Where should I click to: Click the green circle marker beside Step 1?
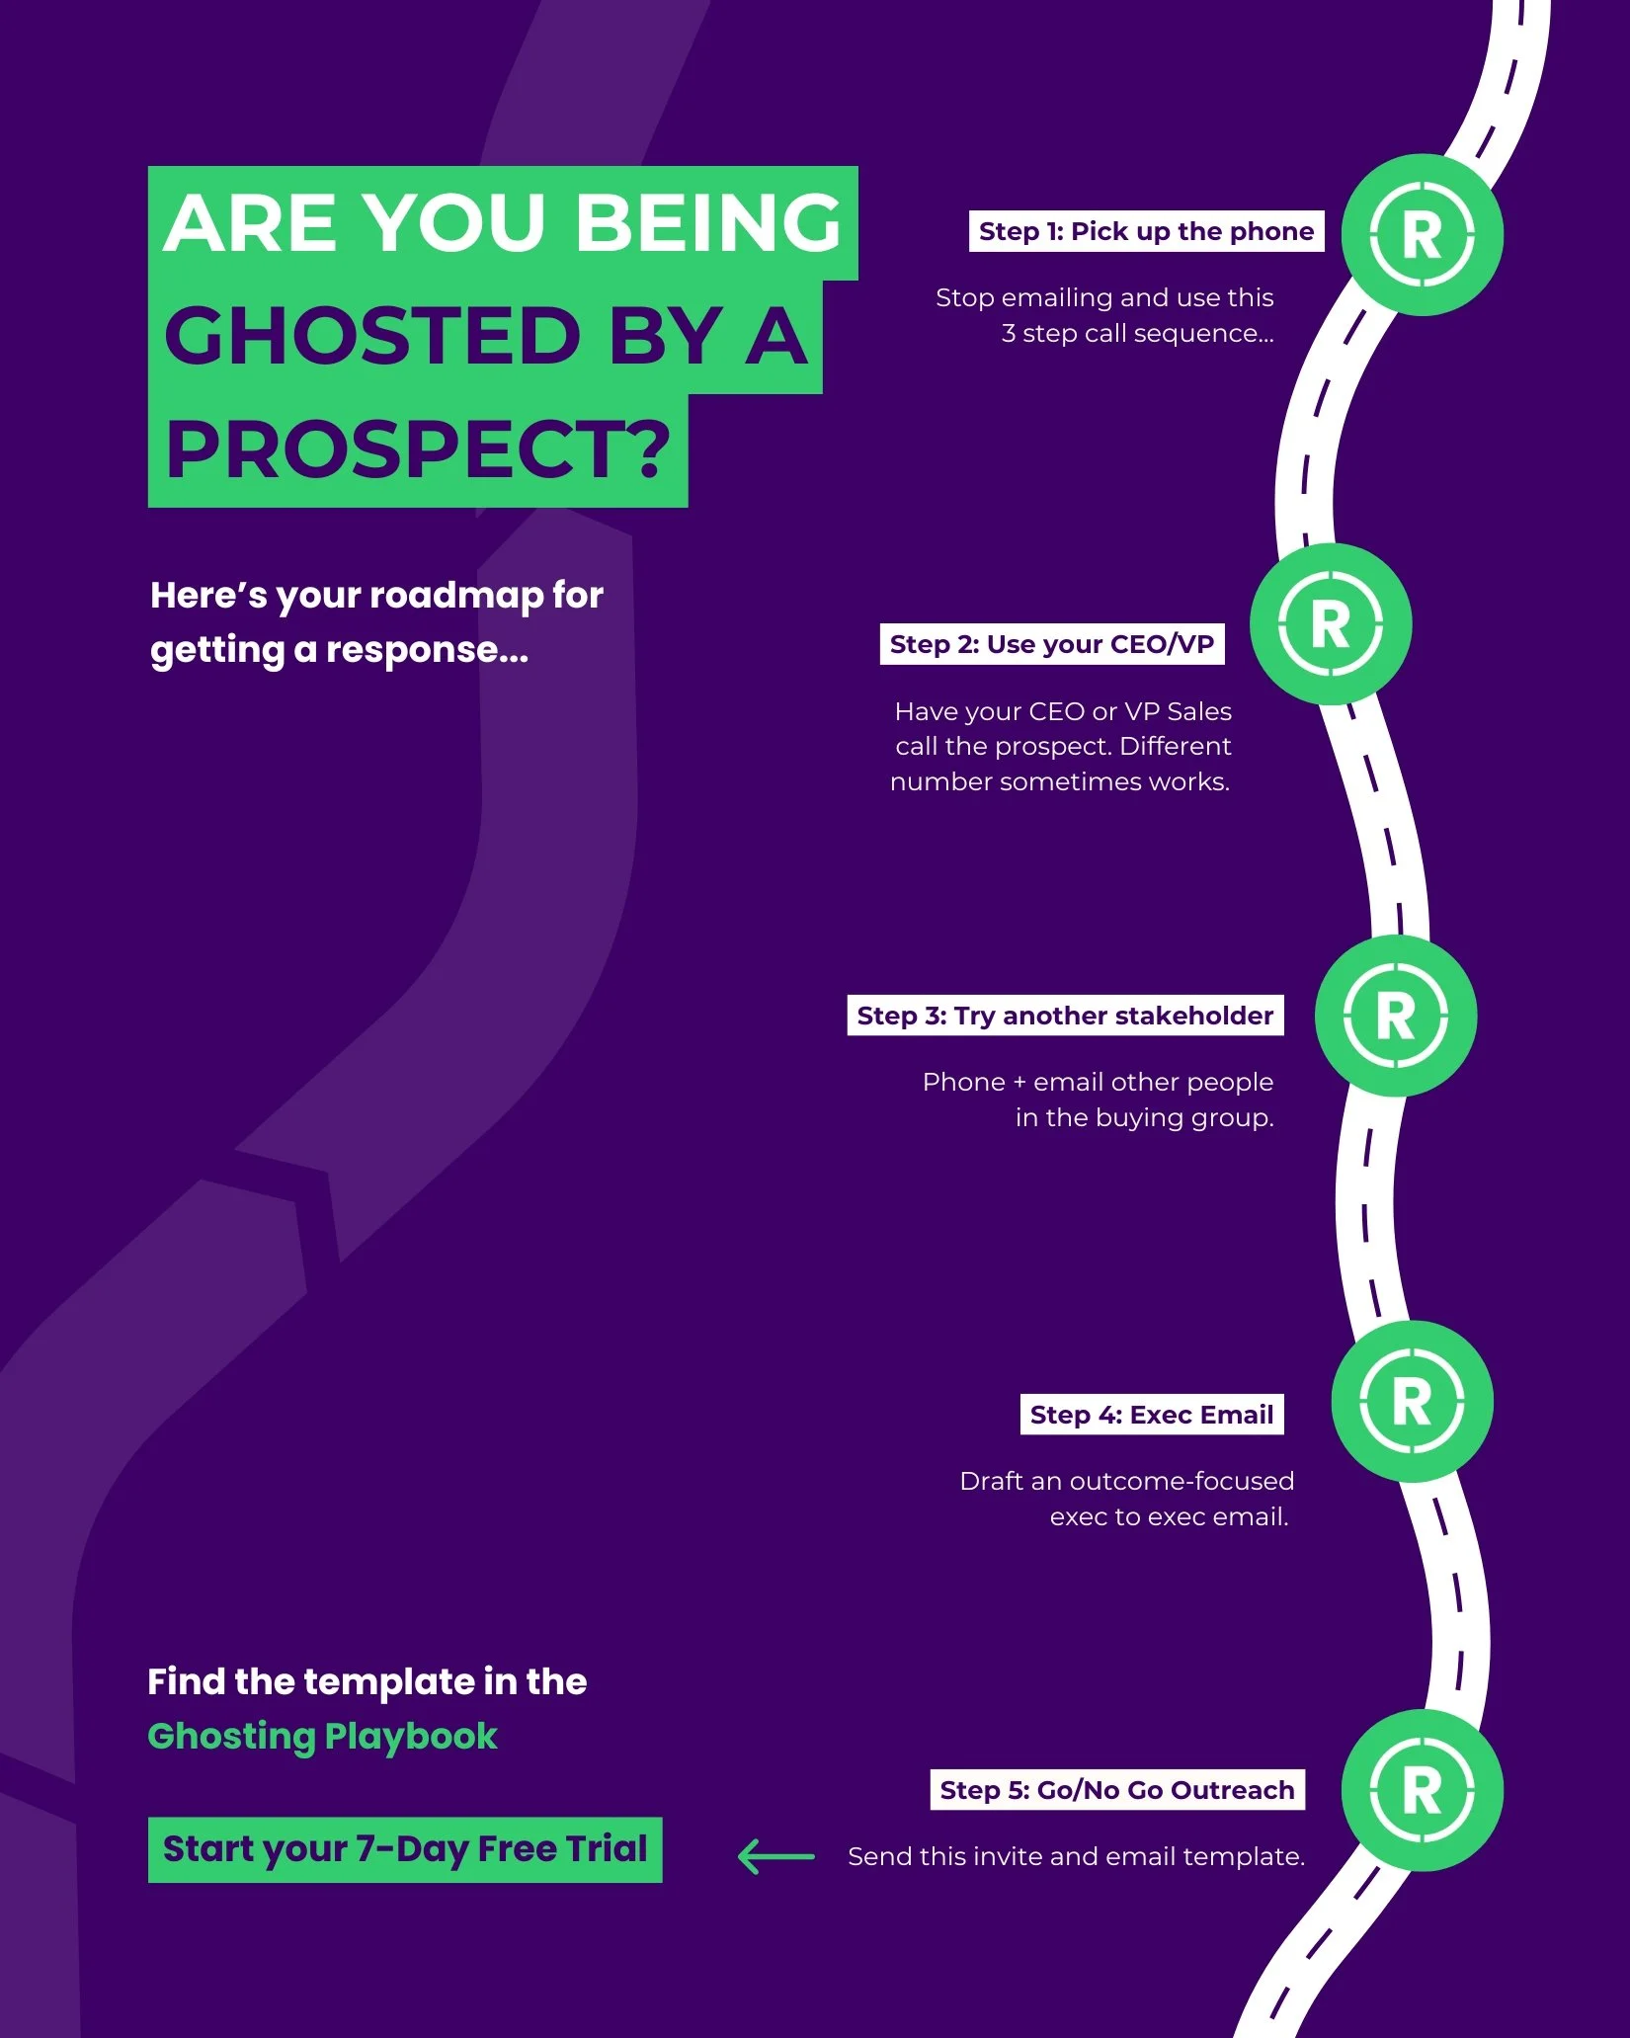point(1422,235)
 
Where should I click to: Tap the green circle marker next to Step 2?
point(1330,624)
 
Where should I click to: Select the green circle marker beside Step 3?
point(1395,1016)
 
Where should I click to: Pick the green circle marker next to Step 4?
point(1412,1402)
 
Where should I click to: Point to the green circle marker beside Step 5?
point(1422,1790)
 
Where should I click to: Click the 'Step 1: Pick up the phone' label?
point(1146,231)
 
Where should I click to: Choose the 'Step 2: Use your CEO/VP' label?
point(1052,644)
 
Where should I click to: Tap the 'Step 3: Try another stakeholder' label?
point(1065,1016)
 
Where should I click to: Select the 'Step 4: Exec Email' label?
point(1151,1415)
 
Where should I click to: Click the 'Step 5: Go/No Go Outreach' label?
point(1116,1790)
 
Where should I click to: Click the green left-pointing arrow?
point(776,1856)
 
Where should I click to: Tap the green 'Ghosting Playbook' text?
point(322,1736)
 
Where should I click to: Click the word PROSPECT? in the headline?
point(418,449)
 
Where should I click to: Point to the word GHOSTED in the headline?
point(372,336)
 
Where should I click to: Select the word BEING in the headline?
point(707,222)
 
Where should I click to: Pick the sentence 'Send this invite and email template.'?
point(1076,1856)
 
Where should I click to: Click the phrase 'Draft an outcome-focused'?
point(1126,1481)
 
